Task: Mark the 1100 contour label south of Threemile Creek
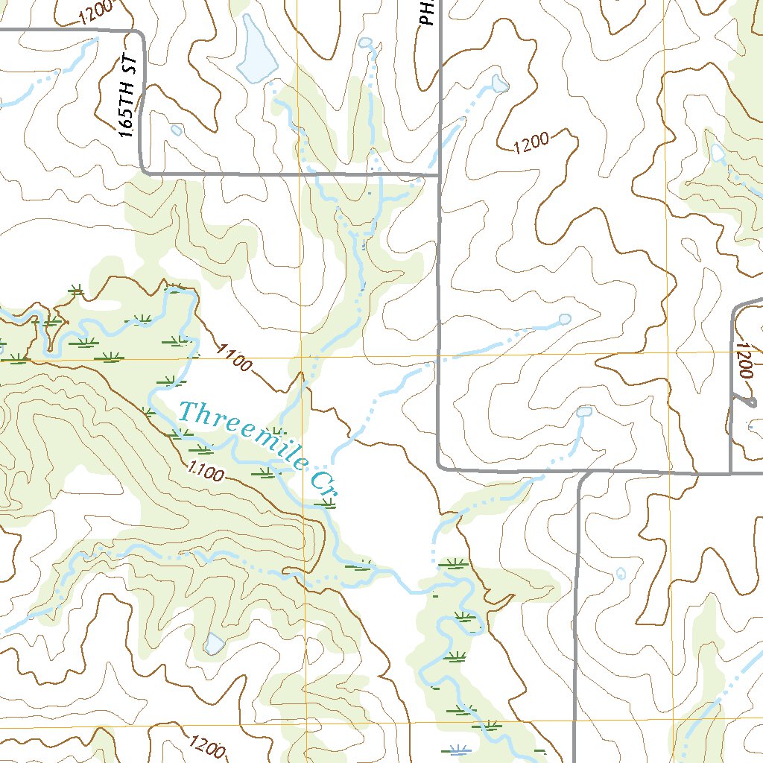click(206, 472)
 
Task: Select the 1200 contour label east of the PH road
click(531, 142)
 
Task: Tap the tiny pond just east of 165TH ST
click(177, 130)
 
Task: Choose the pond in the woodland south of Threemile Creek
click(214, 643)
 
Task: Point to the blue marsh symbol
click(456, 749)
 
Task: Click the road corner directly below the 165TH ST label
click(144, 171)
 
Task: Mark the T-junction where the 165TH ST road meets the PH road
click(438, 176)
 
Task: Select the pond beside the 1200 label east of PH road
click(500, 82)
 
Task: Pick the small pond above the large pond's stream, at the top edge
click(364, 43)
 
